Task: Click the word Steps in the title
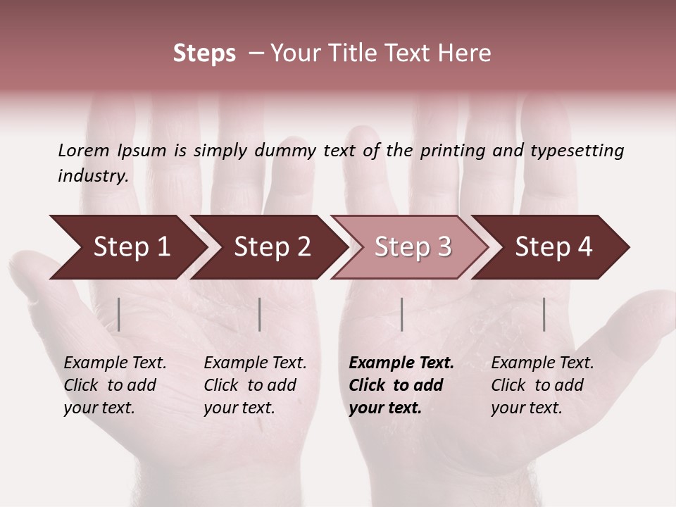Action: pyautogui.click(x=204, y=54)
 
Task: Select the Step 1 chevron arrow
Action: pyautogui.click(x=127, y=247)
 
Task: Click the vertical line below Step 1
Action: pyautogui.click(x=119, y=314)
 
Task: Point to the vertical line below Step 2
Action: pyautogui.click(x=260, y=314)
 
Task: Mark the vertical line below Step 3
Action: pyautogui.click(x=402, y=314)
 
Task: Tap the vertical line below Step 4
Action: pyautogui.click(x=544, y=314)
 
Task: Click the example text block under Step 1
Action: pyautogui.click(x=115, y=385)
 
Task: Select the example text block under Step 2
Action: pyautogui.click(x=255, y=385)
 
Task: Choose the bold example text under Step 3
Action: pyautogui.click(x=401, y=385)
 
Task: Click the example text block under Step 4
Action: pyautogui.click(x=542, y=385)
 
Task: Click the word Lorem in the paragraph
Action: pyautogui.click(x=84, y=151)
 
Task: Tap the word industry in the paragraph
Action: pyautogui.click(x=93, y=176)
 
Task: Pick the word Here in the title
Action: pyautogui.click(x=468, y=54)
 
